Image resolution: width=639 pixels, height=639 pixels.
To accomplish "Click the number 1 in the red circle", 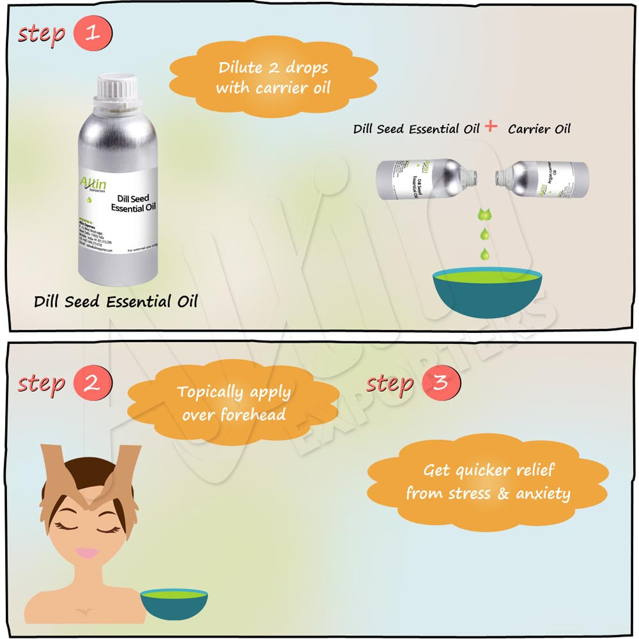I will pyautogui.click(x=93, y=33).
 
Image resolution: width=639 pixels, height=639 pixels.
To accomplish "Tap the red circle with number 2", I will pyautogui.click(x=93, y=384).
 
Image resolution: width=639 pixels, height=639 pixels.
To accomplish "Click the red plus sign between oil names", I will pyautogui.click(x=491, y=127).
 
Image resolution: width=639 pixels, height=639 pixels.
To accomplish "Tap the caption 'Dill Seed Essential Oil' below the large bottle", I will pyautogui.click(x=116, y=301).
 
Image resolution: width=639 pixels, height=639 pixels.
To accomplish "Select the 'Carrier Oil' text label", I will pyautogui.click(x=539, y=129).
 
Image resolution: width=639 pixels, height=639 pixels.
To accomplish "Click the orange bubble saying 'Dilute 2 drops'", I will pyautogui.click(x=273, y=77).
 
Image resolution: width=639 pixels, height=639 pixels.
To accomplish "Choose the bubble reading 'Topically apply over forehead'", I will pyautogui.click(x=233, y=403).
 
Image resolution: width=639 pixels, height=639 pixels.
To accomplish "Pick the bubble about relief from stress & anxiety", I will pyautogui.click(x=488, y=482).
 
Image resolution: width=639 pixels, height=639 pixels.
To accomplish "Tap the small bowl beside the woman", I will pyautogui.click(x=174, y=603).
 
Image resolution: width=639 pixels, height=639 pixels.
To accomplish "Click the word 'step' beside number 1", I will pyautogui.click(x=42, y=33).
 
